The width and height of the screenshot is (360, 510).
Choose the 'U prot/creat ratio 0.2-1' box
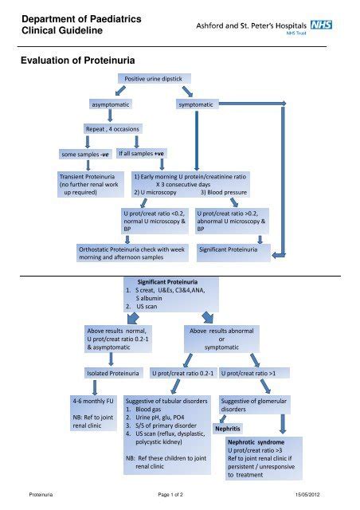(x=182, y=372)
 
